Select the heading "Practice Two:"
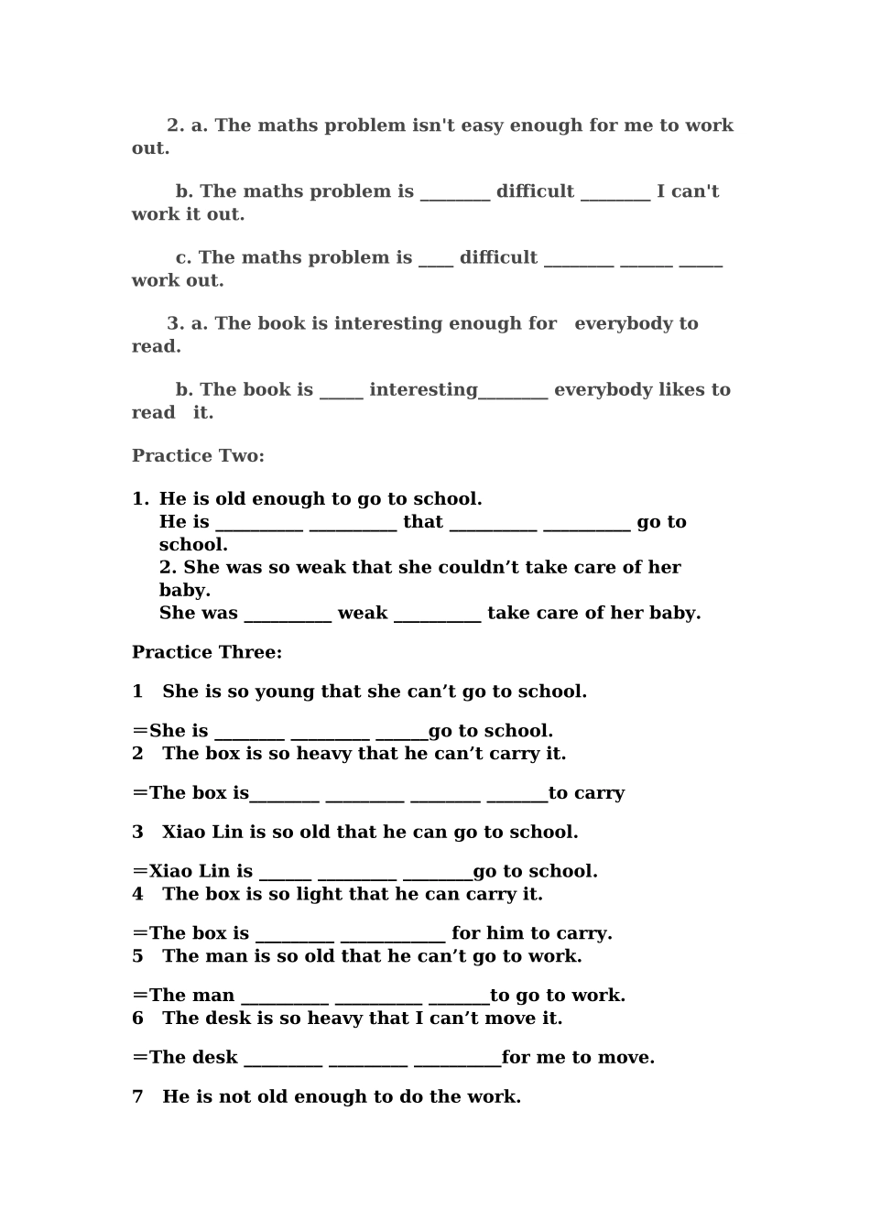point(198,456)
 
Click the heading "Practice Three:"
point(207,652)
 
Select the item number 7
point(137,1096)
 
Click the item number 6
point(137,1019)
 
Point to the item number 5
point(137,956)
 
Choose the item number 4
point(137,894)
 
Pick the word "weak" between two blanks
point(363,613)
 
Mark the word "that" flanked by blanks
point(423,522)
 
